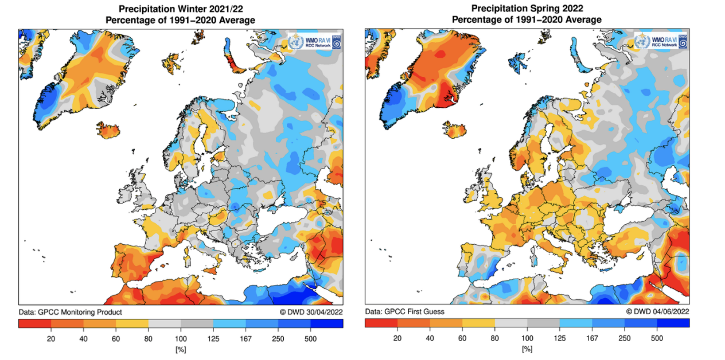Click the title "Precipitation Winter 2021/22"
[x=181, y=9]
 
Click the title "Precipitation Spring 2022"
[x=527, y=9]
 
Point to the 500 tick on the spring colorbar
[x=657, y=338]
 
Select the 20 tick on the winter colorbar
[x=51, y=338]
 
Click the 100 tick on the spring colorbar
[x=527, y=338]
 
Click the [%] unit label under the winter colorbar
[x=181, y=349]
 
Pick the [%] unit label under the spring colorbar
[x=527, y=349]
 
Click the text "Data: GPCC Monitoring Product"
[x=71, y=312]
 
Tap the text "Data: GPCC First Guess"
[x=404, y=311]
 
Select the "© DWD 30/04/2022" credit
[x=311, y=312]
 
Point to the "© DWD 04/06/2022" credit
[x=657, y=311]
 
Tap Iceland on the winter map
[x=108, y=130]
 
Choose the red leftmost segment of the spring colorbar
[x=381, y=323]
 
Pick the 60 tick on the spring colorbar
[x=462, y=338]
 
